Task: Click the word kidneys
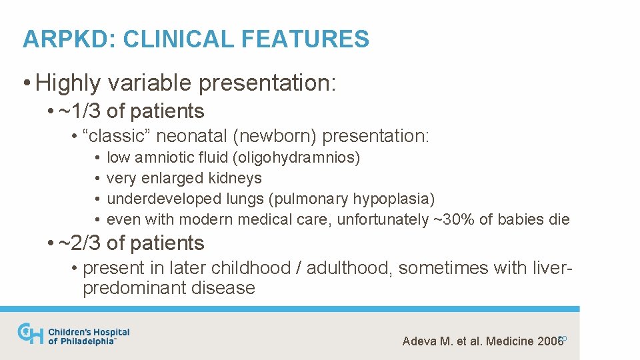237,179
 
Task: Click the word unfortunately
383,219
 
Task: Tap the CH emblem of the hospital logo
30,333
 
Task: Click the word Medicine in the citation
511,341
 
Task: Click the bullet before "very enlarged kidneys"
97,179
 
